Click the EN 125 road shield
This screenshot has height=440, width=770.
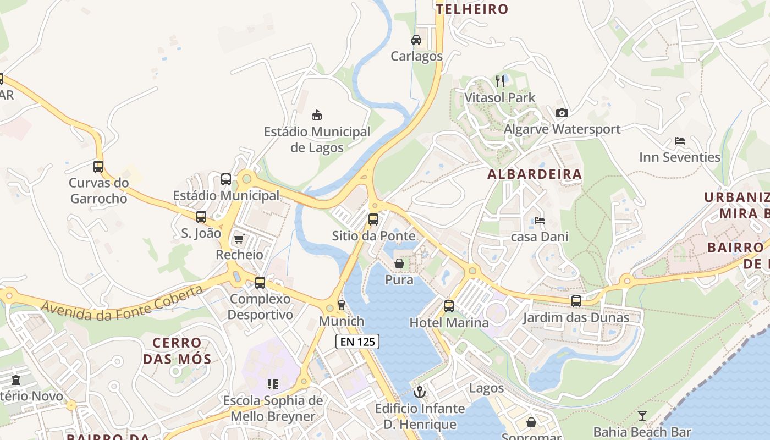tap(358, 342)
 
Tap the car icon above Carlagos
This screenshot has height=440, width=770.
tap(416, 40)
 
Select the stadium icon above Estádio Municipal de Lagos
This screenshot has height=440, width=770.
tap(317, 115)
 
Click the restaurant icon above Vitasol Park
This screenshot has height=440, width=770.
tap(500, 81)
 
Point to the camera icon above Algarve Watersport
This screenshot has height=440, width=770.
tap(562, 113)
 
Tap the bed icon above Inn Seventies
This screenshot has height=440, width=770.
tap(680, 141)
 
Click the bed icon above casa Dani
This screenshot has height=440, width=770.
tap(540, 221)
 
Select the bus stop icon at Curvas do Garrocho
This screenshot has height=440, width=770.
tap(98, 166)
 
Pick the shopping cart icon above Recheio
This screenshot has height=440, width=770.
tap(239, 239)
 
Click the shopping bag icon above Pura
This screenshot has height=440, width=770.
tap(399, 264)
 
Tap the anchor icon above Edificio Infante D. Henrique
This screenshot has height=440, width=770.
tap(420, 392)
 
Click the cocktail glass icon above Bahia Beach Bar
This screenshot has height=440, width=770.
tap(642, 416)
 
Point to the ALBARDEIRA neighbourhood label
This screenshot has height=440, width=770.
tap(534, 174)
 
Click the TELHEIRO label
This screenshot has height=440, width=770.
tap(472, 9)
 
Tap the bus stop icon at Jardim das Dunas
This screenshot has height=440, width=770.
tap(576, 301)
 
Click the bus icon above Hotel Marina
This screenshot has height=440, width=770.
tap(449, 306)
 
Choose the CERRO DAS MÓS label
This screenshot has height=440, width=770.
tap(177, 351)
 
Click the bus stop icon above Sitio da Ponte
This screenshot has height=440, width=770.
tap(373, 219)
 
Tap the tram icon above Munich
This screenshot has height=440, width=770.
tap(341, 305)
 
